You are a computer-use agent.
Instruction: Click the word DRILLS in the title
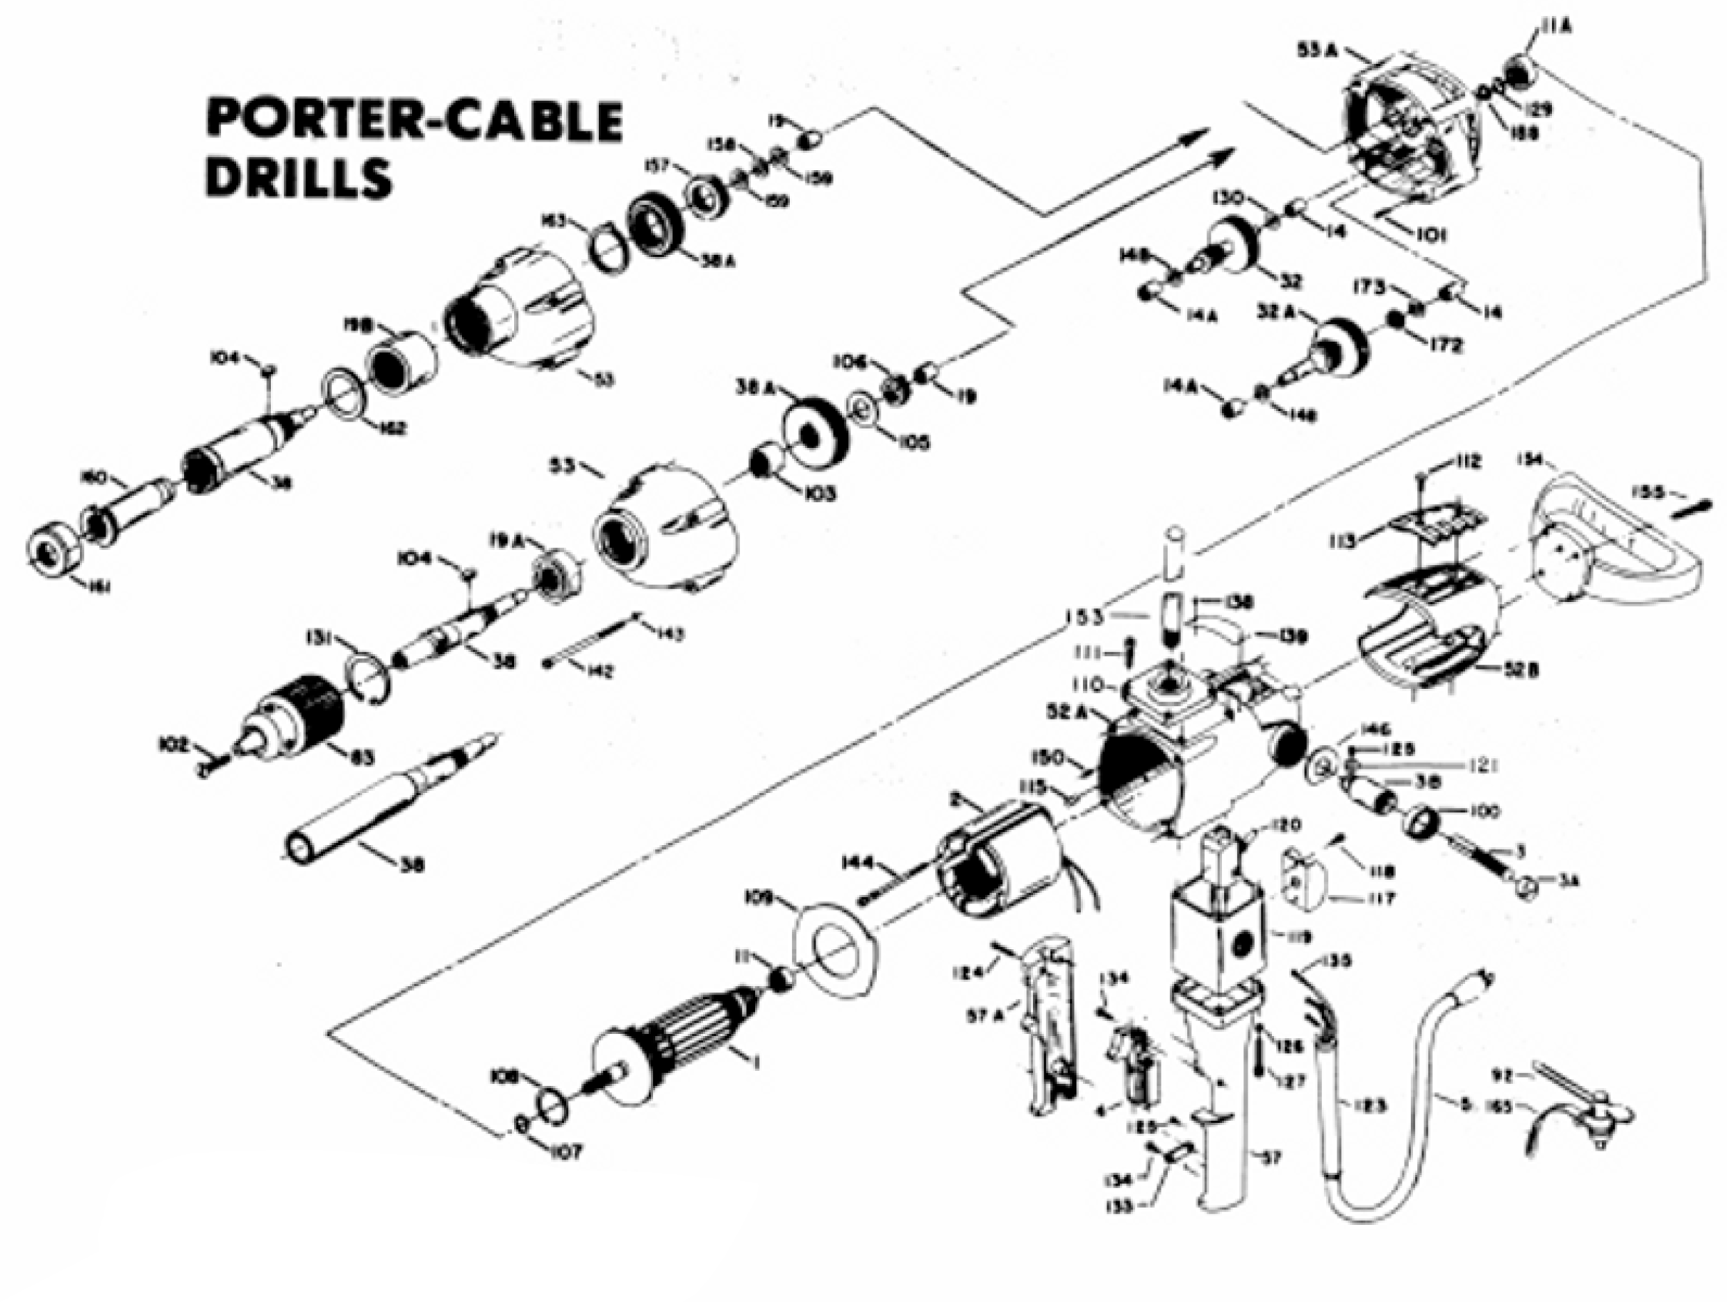[x=298, y=177]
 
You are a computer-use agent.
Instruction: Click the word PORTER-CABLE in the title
[x=414, y=121]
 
